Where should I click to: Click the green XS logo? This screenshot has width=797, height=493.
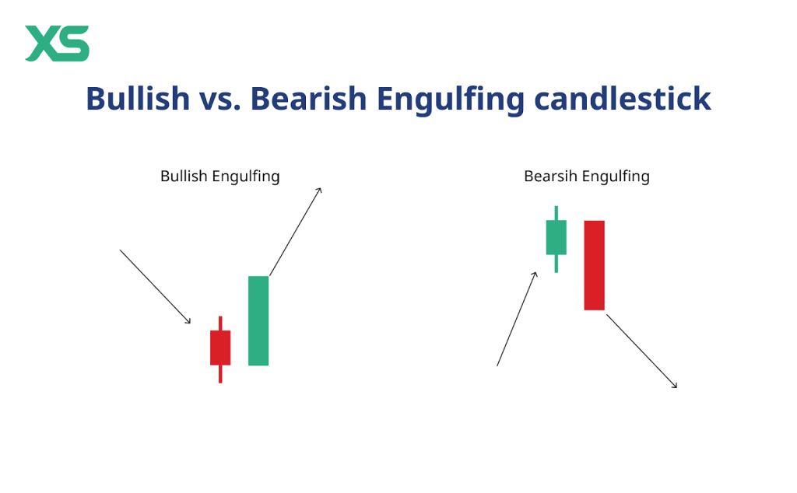(57, 44)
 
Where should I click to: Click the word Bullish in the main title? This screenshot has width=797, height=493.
(138, 98)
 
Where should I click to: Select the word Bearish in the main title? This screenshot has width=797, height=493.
(308, 98)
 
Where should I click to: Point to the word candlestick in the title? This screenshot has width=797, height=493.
(623, 98)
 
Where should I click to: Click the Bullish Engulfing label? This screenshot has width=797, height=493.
(220, 177)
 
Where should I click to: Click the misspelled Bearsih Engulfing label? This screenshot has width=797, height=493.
(587, 177)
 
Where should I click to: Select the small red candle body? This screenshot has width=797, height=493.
(220, 348)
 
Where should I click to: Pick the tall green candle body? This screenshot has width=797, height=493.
(258, 321)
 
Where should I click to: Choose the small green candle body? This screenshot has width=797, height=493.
(556, 237)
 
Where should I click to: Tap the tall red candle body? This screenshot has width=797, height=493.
(594, 265)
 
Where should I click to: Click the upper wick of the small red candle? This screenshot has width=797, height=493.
(220, 323)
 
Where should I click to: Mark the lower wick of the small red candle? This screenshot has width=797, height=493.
(220, 374)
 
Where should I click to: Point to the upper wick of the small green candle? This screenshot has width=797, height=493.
(556, 213)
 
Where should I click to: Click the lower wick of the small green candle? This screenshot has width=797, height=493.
(556, 264)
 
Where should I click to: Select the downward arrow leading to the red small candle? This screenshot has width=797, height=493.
(155, 286)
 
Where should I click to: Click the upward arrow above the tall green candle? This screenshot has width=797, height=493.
(295, 232)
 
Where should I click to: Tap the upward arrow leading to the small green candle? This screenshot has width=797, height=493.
(517, 319)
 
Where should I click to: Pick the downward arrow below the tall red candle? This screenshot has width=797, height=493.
(642, 351)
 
